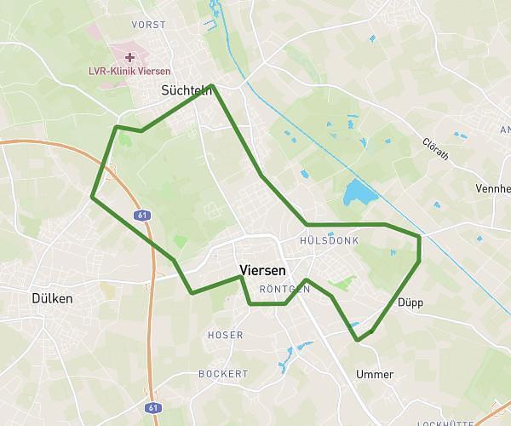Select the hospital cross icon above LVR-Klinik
click(x=129, y=57)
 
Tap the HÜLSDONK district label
click(x=330, y=241)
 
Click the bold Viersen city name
click(x=263, y=269)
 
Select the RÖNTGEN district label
click(x=284, y=290)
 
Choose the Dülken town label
click(x=51, y=299)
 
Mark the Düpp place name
click(x=410, y=302)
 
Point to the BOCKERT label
click(x=222, y=373)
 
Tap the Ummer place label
click(x=375, y=374)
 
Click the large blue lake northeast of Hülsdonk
click(x=359, y=194)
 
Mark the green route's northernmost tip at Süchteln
click(x=211, y=85)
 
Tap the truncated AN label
click(x=505, y=130)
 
